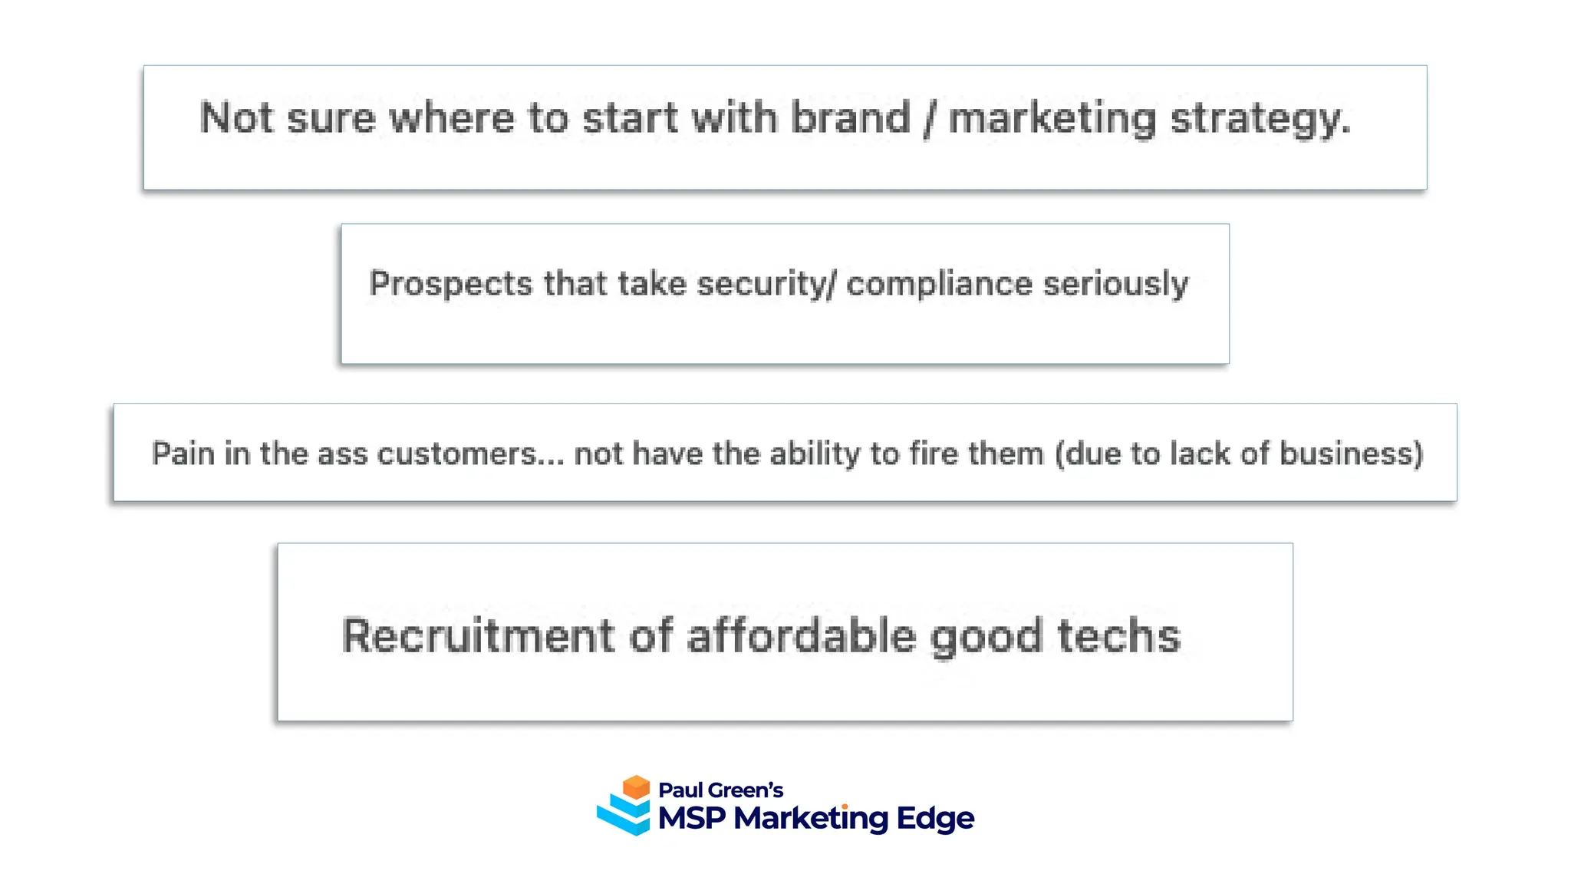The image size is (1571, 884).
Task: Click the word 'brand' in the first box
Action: point(850,118)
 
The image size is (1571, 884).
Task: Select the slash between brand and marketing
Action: point(930,120)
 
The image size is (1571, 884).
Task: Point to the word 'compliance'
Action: point(940,284)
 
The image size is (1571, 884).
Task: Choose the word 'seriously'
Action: point(1115,284)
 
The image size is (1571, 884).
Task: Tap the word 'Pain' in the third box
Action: point(183,454)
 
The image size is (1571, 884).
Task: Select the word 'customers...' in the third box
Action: point(471,454)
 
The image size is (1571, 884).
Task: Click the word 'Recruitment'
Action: point(478,636)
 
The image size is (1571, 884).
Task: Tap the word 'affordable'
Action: point(801,636)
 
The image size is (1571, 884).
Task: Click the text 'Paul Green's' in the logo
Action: point(720,790)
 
